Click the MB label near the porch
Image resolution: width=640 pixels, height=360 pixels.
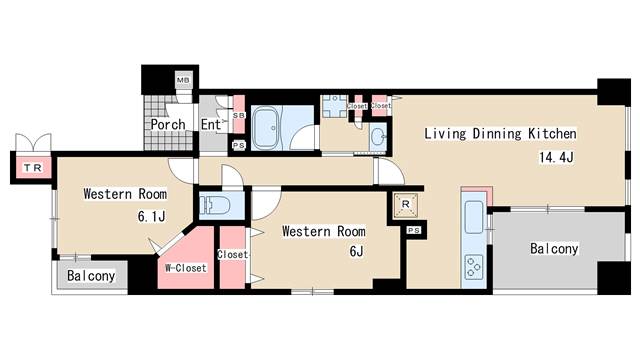point(183,80)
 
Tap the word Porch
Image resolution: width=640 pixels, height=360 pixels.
point(168,124)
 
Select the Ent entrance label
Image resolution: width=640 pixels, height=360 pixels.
point(211,124)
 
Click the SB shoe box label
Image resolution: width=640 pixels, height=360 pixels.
point(238,116)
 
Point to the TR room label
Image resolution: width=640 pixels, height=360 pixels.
point(33,168)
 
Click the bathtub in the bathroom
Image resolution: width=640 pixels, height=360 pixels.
point(266,128)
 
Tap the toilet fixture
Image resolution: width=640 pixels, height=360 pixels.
point(211,203)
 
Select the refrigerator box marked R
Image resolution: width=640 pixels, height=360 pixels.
point(405,204)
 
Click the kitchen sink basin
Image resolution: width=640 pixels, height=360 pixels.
point(474,217)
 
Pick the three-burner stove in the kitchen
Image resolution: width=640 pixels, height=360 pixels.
point(474,267)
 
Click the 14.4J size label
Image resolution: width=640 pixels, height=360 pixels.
point(556,157)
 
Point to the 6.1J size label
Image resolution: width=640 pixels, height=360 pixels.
point(151,216)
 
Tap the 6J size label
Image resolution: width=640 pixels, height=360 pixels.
point(356,251)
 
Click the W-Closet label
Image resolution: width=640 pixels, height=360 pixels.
point(186,268)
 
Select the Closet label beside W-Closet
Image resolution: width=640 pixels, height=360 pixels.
point(232,254)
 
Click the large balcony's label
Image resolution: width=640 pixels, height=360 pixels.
point(554,249)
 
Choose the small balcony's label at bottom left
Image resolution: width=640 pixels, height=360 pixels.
point(91,276)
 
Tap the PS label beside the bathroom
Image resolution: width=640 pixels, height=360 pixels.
point(238,145)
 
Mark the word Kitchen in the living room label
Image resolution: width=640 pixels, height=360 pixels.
point(552,133)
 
